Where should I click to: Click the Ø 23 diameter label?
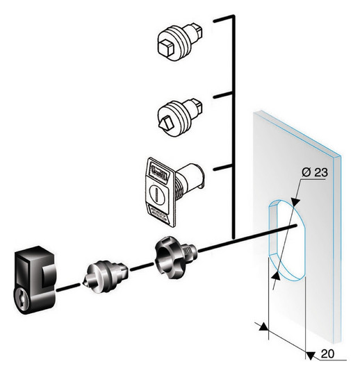pos(315,172)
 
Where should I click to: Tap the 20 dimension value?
pos(327,354)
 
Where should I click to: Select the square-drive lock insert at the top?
pos(181,42)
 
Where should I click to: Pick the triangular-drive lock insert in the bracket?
pos(180,118)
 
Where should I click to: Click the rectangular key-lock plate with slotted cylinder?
pos(174,192)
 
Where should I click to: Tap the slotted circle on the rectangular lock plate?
pos(157,193)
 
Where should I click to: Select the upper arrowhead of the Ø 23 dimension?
pos(295,201)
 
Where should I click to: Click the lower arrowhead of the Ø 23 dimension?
pos(276,276)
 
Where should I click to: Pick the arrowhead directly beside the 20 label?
pos(311,355)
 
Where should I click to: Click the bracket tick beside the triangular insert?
pos(223,95)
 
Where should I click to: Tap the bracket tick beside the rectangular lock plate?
pos(223,167)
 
